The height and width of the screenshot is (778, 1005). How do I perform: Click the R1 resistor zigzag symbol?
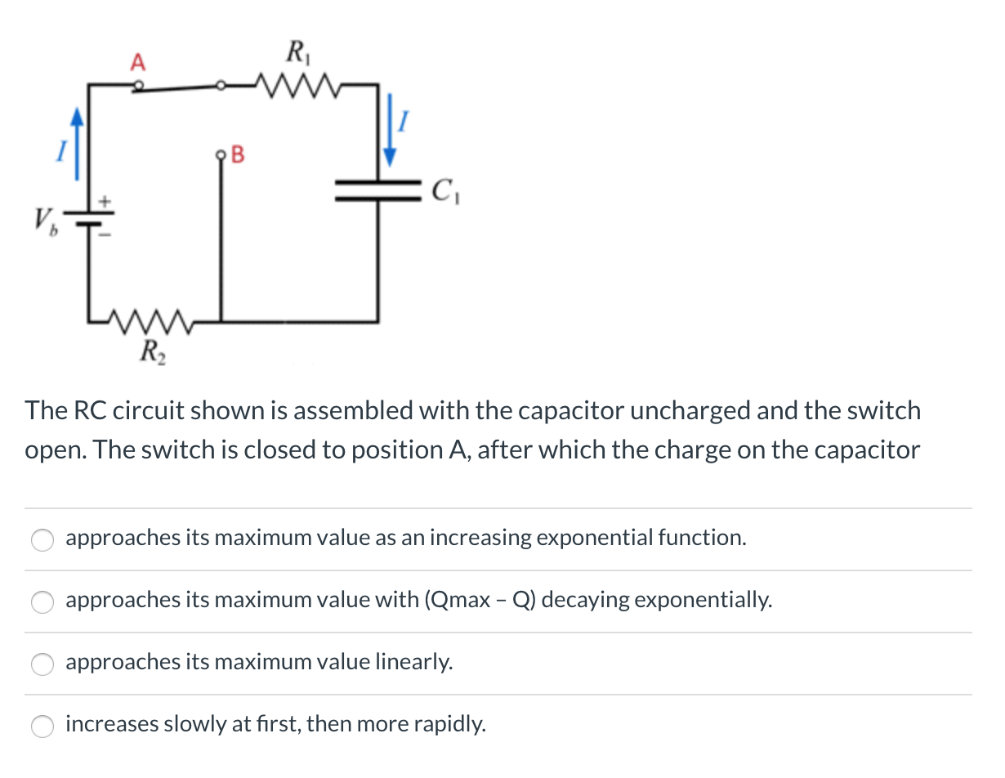click(293, 83)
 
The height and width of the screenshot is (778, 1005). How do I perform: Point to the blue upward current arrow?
click(77, 145)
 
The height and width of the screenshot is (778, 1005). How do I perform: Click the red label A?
click(138, 61)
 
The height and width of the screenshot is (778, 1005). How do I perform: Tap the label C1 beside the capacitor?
click(444, 193)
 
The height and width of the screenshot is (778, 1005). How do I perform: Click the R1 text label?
click(295, 51)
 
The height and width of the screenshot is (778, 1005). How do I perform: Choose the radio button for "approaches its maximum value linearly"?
click(42, 664)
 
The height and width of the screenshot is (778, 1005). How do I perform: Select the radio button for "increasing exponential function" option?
click(42, 539)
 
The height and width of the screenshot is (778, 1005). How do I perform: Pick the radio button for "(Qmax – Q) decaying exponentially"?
click(42, 601)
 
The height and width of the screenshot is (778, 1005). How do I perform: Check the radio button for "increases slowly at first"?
click(42, 726)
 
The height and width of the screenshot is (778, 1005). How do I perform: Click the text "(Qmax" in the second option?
click(456, 600)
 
